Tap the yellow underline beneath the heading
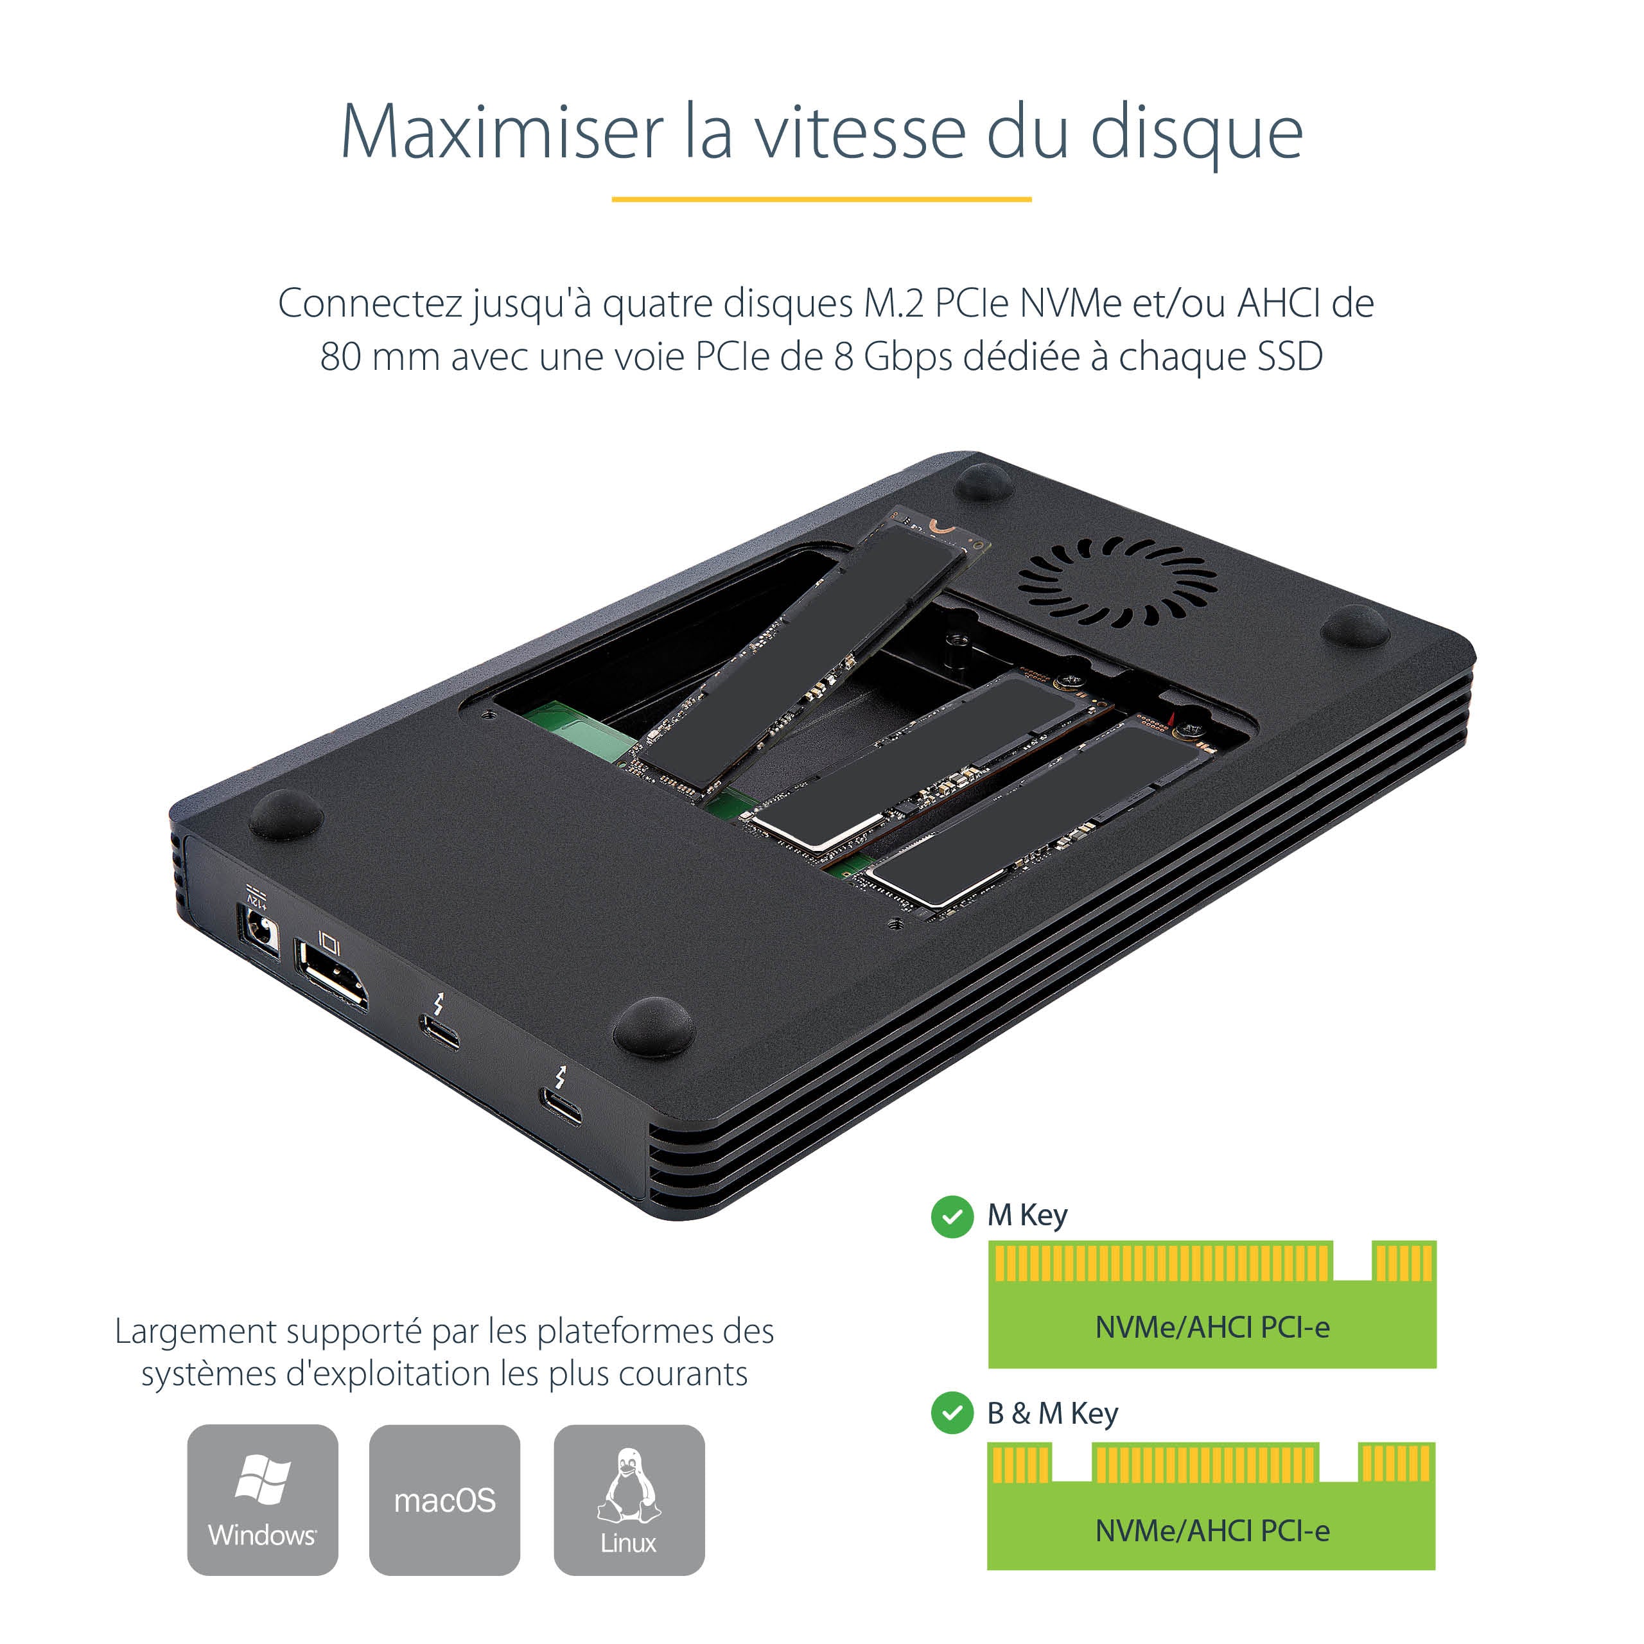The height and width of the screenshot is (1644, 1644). pos(821,199)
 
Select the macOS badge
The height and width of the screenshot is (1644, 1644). pos(444,1500)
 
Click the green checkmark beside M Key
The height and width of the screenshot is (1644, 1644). pos(952,1217)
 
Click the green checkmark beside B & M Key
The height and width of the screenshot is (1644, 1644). pos(952,1413)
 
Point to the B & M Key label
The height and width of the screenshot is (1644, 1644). pos(1052,1413)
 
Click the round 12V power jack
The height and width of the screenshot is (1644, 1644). pos(259,930)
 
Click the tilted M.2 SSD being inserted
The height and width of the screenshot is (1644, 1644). pos(804,655)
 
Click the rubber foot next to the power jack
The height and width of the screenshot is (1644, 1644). pos(285,814)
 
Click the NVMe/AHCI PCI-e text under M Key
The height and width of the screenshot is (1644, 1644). pos(1212,1327)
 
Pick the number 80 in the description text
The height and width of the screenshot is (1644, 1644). pos(340,356)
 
